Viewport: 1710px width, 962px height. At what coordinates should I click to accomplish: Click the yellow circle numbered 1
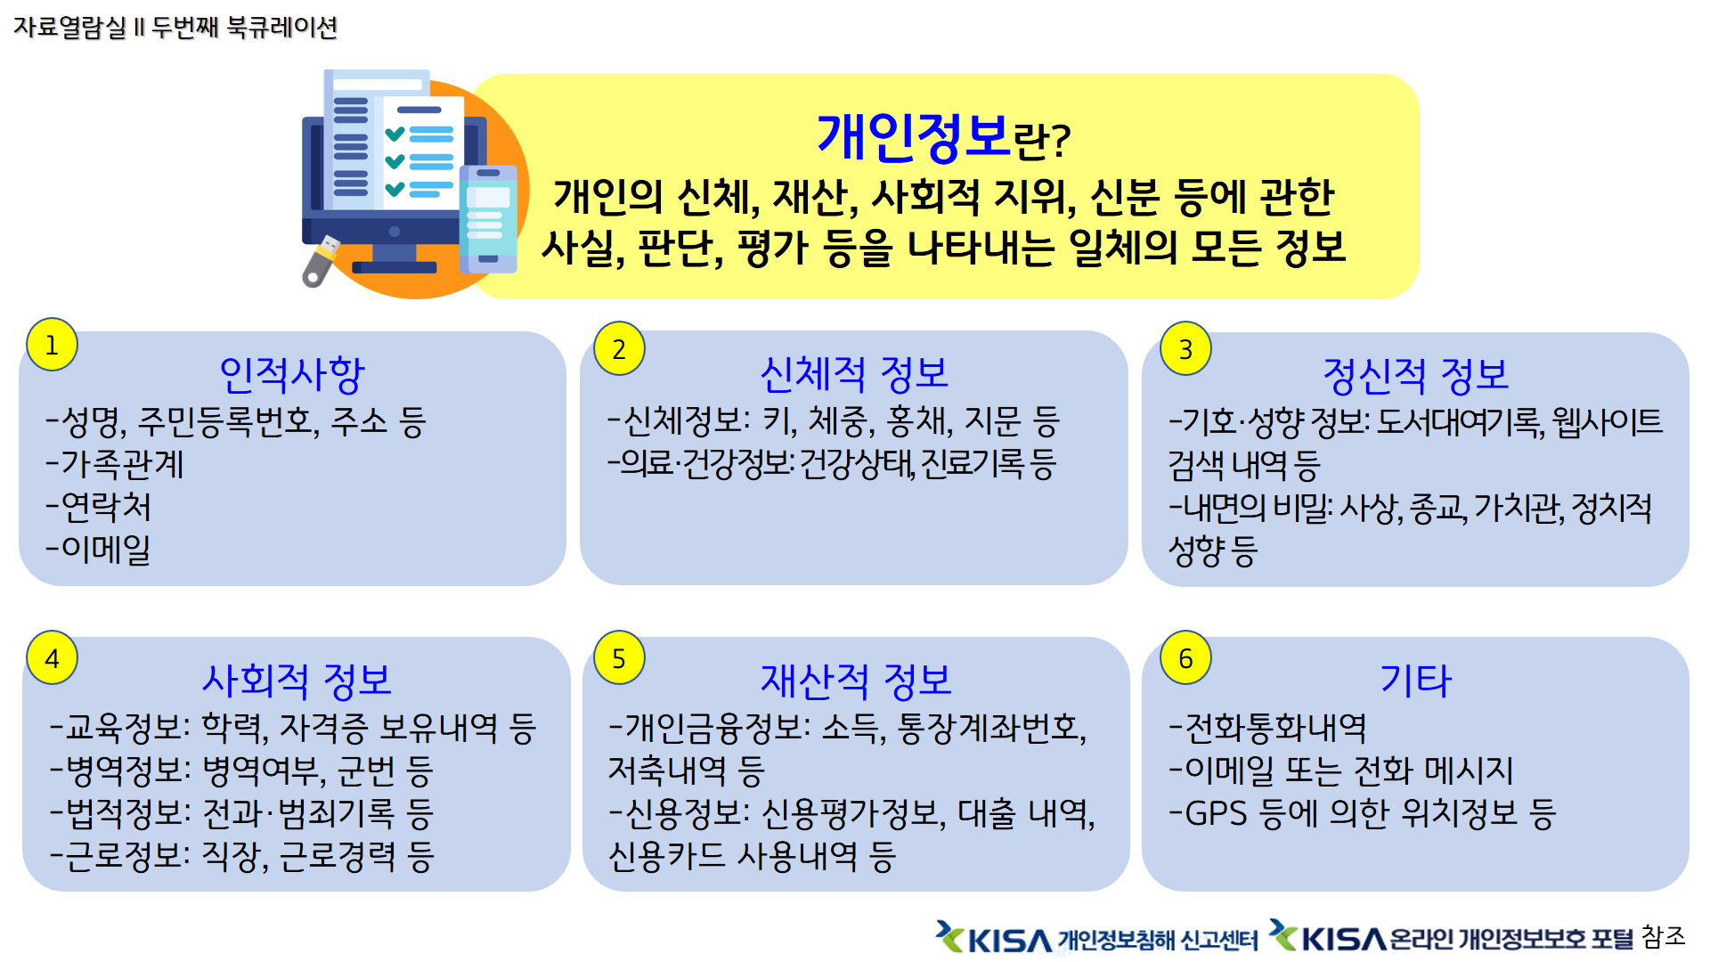(x=52, y=344)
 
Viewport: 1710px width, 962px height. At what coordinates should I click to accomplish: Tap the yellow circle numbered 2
(x=619, y=348)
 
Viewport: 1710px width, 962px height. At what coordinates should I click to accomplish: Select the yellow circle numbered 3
(x=1185, y=348)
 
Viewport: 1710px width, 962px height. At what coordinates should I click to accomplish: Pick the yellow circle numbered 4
(x=52, y=658)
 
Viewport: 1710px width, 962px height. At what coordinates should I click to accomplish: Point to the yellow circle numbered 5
(x=619, y=658)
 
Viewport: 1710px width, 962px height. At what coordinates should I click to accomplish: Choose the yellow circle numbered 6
(x=1185, y=658)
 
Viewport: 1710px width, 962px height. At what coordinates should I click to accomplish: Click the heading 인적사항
(x=292, y=375)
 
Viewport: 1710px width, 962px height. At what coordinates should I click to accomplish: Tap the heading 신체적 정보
(x=854, y=374)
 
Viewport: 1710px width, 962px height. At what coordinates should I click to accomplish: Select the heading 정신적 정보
(x=1415, y=375)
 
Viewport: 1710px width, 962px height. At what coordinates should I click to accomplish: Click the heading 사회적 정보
(x=297, y=681)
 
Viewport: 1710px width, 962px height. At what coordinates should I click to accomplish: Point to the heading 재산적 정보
(x=855, y=681)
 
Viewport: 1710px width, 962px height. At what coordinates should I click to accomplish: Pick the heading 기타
(x=1415, y=681)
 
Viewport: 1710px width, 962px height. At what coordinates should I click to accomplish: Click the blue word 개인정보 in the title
(x=914, y=138)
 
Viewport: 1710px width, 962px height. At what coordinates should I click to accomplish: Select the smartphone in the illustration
(x=488, y=219)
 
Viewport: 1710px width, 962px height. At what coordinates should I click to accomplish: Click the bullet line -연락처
(x=99, y=507)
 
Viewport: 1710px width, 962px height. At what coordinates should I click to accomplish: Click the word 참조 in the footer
(x=1664, y=936)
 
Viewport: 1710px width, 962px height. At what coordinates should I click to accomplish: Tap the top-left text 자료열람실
(x=70, y=27)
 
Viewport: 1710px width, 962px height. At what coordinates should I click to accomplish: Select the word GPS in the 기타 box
(x=1216, y=813)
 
